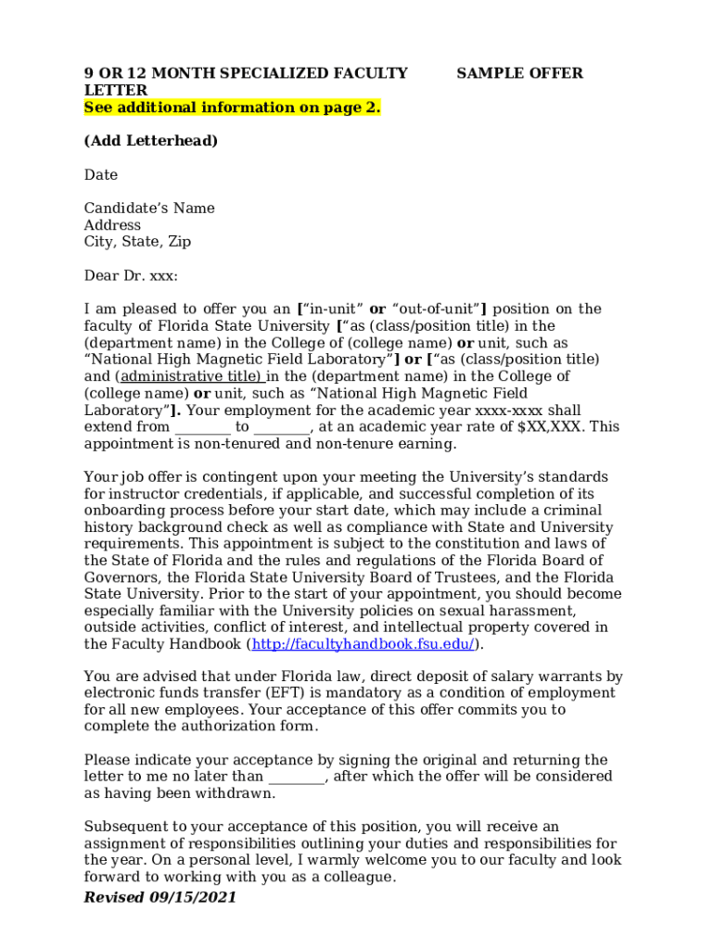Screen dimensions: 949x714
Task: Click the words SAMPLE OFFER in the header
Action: tap(519, 73)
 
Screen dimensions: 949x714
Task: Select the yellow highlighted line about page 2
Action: tap(232, 108)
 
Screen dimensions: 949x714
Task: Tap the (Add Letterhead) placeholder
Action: tap(151, 141)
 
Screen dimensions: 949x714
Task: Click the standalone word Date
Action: tap(101, 174)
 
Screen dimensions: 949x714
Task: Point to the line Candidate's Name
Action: tap(149, 208)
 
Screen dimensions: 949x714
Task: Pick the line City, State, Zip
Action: tap(137, 241)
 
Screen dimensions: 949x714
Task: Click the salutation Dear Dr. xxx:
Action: tap(131, 275)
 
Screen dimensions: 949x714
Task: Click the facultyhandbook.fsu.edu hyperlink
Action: tap(363, 644)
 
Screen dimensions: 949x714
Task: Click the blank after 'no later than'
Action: tap(296, 777)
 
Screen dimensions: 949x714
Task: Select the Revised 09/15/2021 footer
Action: tap(159, 897)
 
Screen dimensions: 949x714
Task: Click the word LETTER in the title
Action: tap(115, 90)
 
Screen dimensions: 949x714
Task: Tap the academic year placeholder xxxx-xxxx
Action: tap(509, 410)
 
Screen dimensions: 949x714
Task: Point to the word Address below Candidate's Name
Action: tap(112, 224)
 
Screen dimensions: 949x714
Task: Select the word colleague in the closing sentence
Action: tap(357, 877)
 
